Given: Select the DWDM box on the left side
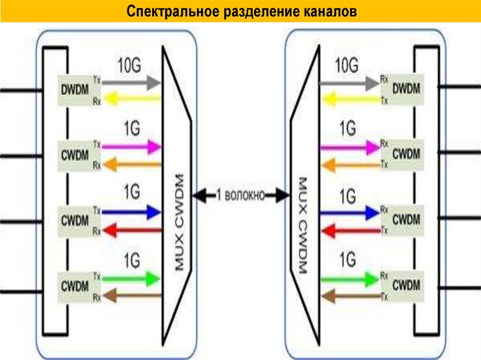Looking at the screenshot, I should tap(74, 89).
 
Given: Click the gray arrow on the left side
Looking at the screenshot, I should tap(132, 83).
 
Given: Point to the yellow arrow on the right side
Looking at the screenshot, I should tap(349, 99).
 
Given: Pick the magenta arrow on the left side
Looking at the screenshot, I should tap(132, 147).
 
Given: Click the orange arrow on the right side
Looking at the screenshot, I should tap(349, 164).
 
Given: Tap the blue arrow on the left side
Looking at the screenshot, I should tap(132, 212).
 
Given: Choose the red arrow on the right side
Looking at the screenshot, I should tap(349, 230).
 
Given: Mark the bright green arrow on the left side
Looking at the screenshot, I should tap(132, 278).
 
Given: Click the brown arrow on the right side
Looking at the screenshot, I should tap(349, 296).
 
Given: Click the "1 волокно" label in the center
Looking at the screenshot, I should tap(240, 194).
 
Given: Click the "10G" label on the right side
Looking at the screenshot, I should tap(347, 64).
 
